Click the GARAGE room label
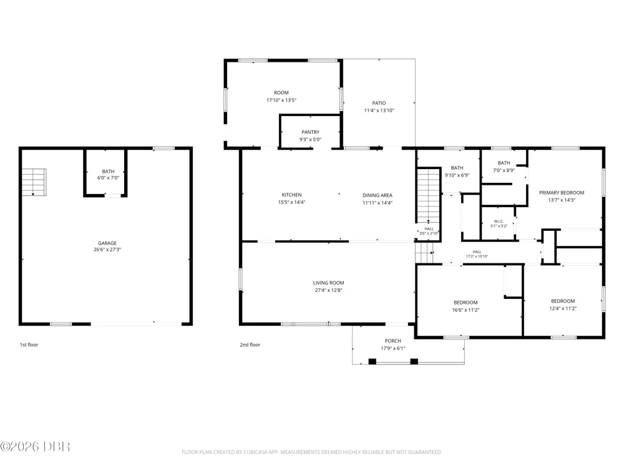pos(107,243)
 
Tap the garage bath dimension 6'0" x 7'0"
pos(108,178)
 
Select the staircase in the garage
pos(34,182)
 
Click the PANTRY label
pos(310,132)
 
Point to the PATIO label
pos(379,103)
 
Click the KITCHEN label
pos(291,195)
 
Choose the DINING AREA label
pos(378,195)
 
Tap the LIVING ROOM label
pos(328,283)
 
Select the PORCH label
pos(392,341)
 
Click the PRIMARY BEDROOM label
pos(562,193)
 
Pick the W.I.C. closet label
pos(499,222)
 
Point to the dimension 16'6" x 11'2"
pos(466,310)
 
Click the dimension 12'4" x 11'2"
pos(563,308)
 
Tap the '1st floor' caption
pos(29,344)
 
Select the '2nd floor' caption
pos(250,344)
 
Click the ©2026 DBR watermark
pos(35,447)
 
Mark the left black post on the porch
pos(372,361)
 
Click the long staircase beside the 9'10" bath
pos(428,196)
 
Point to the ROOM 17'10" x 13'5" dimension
pos(281,100)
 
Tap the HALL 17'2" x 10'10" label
pos(477,255)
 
